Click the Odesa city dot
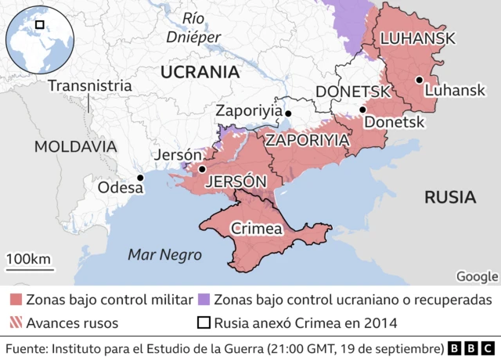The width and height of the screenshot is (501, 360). pyautogui.click(x=140, y=178)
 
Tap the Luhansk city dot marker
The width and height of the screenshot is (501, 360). pyautogui.click(x=420, y=79)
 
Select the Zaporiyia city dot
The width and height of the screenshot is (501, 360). pyautogui.click(x=288, y=114)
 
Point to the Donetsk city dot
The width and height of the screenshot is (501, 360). pyautogui.click(x=362, y=110)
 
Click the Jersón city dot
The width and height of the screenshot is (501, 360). pyautogui.click(x=202, y=168)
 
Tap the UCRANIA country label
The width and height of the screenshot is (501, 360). pyautogui.click(x=199, y=72)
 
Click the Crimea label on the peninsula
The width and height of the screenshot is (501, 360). pyautogui.click(x=257, y=229)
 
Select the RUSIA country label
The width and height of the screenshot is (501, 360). pyautogui.click(x=449, y=196)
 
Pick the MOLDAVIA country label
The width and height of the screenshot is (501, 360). pyautogui.click(x=75, y=146)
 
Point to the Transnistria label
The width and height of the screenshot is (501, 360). pyautogui.click(x=89, y=85)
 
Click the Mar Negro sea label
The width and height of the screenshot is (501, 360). pyautogui.click(x=165, y=254)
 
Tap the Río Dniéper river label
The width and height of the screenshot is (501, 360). pyautogui.click(x=193, y=27)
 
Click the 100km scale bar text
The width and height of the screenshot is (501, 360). pyautogui.click(x=28, y=259)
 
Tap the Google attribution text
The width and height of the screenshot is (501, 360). pyautogui.click(x=477, y=276)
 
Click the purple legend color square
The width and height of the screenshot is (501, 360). pyautogui.click(x=203, y=300)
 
